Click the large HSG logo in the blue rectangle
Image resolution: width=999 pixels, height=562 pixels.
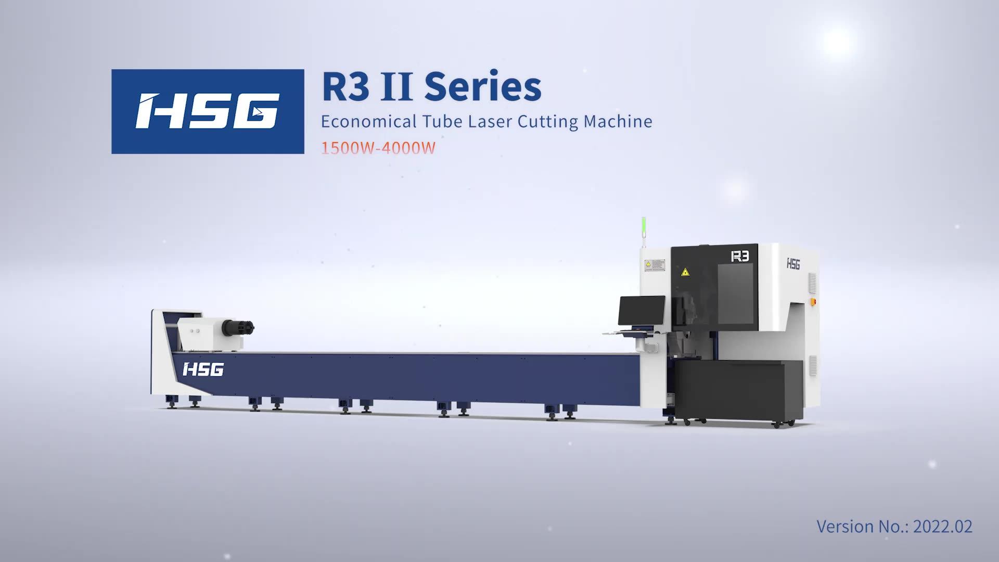pos(208,111)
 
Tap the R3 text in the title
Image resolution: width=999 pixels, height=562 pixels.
pos(345,87)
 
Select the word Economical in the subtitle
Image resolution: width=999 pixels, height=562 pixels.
pos(368,122)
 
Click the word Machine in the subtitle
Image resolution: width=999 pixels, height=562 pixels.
pos(618,122)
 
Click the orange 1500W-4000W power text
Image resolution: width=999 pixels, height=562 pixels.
pos(378,148)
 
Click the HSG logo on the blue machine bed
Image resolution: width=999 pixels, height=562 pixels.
pos(203,370)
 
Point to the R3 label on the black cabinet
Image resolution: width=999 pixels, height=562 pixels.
pos(739,257)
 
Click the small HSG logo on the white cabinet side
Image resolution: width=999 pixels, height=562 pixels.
pos(793,264)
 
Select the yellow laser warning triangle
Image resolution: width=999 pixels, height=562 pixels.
pos(685,272)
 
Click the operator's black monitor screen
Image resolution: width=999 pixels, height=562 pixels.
pos(642,310)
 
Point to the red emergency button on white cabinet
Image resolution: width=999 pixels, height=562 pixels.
pos(814,301)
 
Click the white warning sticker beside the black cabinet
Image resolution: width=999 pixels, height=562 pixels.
pos(655,265)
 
